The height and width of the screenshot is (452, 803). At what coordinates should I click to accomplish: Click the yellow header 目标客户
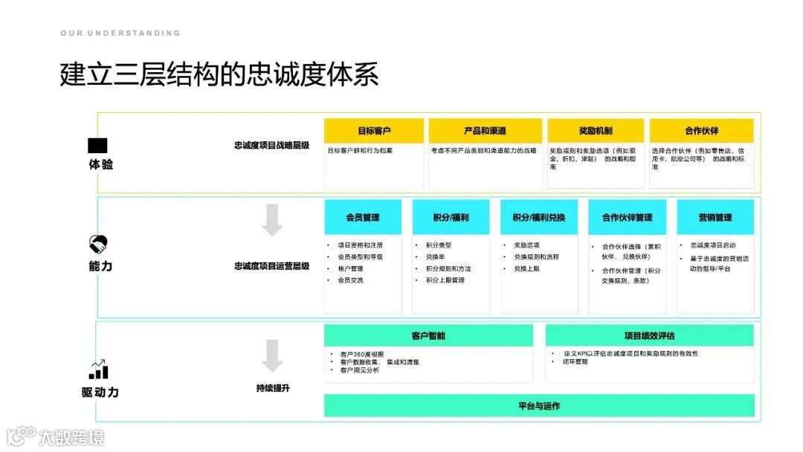click(374, 131)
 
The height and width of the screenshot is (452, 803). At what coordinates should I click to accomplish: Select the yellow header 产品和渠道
click(485, 131)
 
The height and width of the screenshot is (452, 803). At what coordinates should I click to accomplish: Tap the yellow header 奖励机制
click(596, 131)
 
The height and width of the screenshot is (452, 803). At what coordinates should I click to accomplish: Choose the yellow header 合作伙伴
click(701, 131)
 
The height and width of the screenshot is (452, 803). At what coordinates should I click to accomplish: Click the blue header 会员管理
click(363, 218)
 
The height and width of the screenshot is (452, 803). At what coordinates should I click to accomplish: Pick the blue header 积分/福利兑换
click(539, 218)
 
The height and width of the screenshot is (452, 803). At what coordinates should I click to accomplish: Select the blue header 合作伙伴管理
click(627, 218)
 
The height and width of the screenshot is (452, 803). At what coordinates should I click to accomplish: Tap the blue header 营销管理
click(715, 218)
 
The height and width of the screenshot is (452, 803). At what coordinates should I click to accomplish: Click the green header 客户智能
click(428, 336)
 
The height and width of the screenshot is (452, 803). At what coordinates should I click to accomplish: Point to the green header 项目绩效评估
click(649, 336)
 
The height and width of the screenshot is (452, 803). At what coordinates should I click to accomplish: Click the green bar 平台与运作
click(539, 406)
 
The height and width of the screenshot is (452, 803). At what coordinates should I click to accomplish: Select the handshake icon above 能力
click(98, 244)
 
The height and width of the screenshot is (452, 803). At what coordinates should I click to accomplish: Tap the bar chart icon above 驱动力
click(99, 369)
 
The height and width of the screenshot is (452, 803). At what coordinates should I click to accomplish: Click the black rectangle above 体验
click(97, 146)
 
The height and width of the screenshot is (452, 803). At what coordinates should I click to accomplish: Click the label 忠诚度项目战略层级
click(271, 146)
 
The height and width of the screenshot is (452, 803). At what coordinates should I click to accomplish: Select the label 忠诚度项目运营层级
click(271, 265)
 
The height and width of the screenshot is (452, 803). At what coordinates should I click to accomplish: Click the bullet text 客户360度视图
click(362, 355)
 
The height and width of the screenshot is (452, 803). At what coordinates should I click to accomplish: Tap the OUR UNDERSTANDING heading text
click(120, 33)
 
